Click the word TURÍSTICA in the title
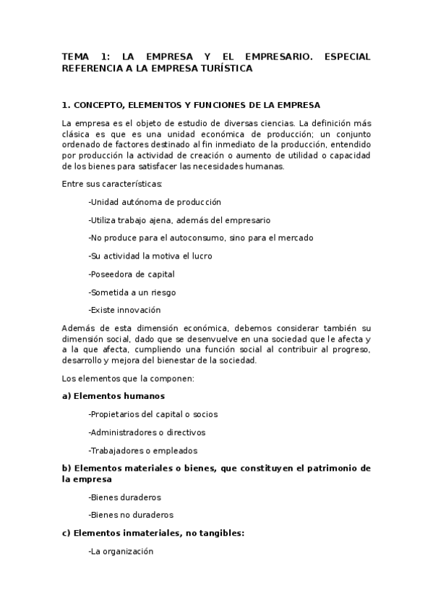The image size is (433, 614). tap(220, 69)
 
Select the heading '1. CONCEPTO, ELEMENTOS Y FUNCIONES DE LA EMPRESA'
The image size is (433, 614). tap(191, 105)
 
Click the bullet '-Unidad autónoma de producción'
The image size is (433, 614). tap(155, 202)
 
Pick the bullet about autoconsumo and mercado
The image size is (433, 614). tap(201, 238)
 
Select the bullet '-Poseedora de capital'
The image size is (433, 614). tap(132, 274)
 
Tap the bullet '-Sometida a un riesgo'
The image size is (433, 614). tap(132, 293)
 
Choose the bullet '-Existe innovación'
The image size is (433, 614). tap(124, 311)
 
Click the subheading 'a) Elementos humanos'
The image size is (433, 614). tap(113, 396)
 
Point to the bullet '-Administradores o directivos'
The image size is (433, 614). tap(147, 432)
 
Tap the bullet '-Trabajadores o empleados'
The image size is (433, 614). tap(143, 450)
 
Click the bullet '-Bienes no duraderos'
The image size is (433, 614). tap(132, 516)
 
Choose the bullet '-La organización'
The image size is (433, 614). tap(121, 552)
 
